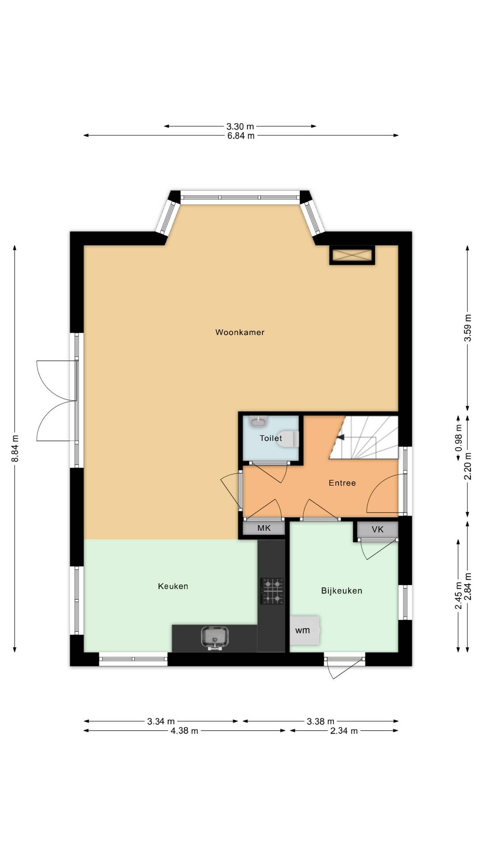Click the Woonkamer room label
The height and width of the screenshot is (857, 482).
click(240, 332)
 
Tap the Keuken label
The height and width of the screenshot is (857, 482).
click(173, 586)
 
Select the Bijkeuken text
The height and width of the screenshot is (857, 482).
click(341, 591)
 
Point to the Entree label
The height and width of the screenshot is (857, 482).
click(342, 483)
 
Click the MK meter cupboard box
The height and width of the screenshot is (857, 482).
click(264, 528)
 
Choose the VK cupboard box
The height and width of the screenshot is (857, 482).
click(378, 529)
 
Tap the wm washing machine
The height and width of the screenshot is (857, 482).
click(304, 630)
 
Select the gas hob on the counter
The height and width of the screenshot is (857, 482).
click(272, 591)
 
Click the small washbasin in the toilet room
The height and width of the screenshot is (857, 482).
click(258, 421)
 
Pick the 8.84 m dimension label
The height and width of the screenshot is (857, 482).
click(15, 448)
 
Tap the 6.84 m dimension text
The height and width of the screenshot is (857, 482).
click(241, 136)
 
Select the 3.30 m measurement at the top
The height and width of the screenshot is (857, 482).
click(240, 127)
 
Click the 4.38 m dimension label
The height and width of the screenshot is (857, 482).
click(184, 731)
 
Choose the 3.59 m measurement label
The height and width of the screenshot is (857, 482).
click(468, 328)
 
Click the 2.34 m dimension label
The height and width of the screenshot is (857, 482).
click(344, 731)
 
